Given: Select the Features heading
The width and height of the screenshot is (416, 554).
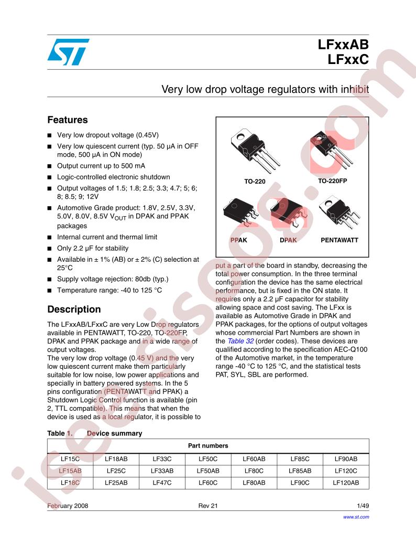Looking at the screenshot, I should [x=68, y=120].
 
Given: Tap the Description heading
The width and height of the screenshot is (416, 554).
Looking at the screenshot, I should [x=74, y=310].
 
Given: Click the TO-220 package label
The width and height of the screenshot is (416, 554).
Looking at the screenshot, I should [x=255, y=182].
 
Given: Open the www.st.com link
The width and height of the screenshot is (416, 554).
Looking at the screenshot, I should [x=356, y=517].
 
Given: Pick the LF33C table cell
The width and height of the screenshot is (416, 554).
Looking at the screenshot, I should [x=162, y=459].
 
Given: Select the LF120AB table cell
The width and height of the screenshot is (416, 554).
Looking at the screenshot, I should [x=346, y=483].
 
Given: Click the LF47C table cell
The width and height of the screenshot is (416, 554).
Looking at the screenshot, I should [x=162, y=483].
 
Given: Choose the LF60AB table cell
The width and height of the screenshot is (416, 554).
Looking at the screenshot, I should [x=254, y=459].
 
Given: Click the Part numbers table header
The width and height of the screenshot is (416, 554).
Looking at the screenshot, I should [x=208, y=446].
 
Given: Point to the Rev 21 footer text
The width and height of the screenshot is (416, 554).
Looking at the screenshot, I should [x=207, y=506].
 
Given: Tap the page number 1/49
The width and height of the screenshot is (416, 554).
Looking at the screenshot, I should [x=362, y=506].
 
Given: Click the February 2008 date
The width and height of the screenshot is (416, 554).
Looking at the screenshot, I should [x=68, y=506].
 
